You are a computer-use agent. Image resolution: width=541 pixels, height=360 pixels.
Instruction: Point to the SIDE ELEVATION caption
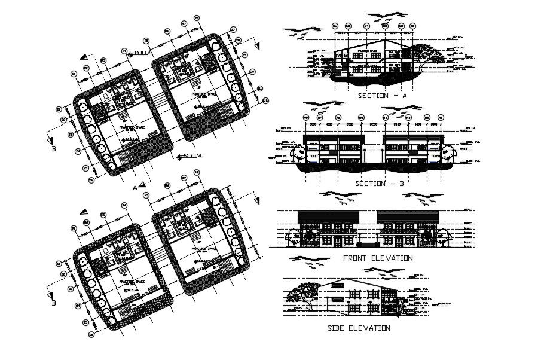tap(359, 328)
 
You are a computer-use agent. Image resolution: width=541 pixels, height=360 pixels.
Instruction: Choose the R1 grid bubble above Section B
tap(441, 118)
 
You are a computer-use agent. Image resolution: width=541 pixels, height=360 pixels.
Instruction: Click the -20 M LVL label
tap(189, 157)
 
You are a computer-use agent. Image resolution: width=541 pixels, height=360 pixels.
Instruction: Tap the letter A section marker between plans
tap(136, 187)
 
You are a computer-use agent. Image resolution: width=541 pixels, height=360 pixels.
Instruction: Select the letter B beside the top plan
tap(53, 149)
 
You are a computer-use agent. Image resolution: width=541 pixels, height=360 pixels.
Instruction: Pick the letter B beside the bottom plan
tap(53, 303)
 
